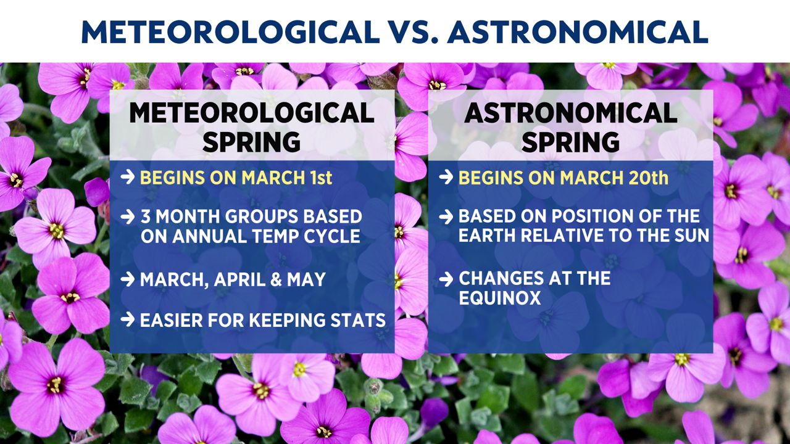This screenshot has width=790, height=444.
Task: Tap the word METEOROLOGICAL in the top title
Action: [x=230, y=32]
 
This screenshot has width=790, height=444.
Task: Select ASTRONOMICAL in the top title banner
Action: [x=577, y=32]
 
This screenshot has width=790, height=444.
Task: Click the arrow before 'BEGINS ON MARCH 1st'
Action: [x=128, y=177]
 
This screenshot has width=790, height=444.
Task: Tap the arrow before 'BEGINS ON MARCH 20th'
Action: [x=446, y=177]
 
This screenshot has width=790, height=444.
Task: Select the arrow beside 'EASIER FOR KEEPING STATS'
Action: [x=128, y=319]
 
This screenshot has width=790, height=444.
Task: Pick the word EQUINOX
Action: [x=500, y=298]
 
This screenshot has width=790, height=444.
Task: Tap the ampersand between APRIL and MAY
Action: [x=276, y=280]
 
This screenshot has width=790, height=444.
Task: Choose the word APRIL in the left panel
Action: [x=239, y=280]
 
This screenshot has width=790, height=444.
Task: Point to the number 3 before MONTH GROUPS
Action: [x=146, y=216]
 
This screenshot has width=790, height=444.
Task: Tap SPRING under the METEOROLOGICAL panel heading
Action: [x=251, y=142]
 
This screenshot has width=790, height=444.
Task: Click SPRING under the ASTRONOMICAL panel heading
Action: [x=571, y=142]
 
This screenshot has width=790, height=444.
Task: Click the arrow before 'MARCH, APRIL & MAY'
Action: [x=128, y=279]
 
